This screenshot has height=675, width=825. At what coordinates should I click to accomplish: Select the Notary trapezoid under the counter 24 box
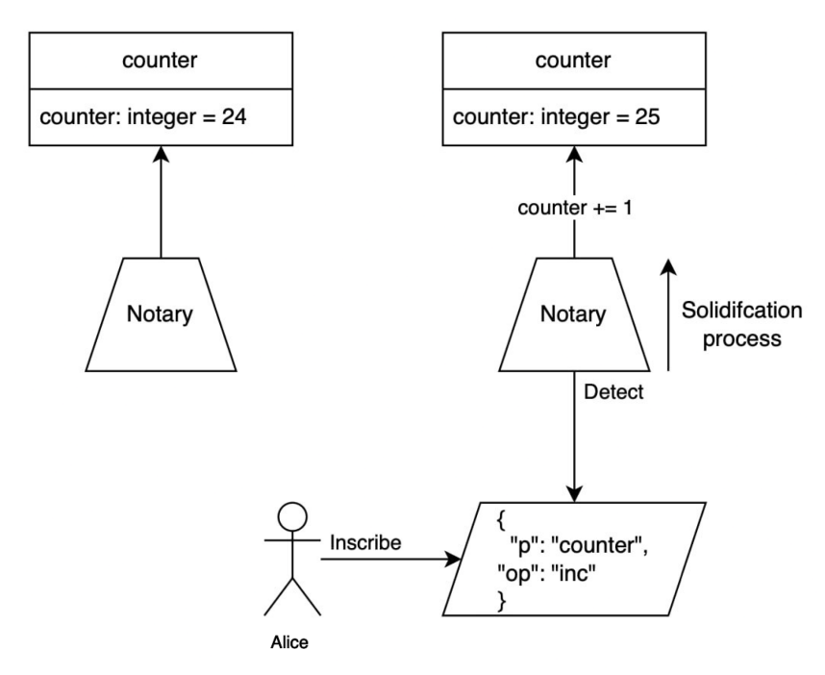click(161, 314)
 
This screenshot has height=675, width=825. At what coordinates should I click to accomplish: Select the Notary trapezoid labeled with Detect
click(574, 314)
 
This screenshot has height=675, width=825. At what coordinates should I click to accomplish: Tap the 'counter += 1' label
click(575, 209)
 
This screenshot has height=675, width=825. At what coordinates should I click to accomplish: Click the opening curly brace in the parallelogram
click(500, 521)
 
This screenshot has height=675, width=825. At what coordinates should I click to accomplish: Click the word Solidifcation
click(740, 312)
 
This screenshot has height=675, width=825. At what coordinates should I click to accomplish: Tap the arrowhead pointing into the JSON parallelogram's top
click(574, 492)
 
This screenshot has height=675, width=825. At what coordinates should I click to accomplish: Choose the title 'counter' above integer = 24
click(160, 63)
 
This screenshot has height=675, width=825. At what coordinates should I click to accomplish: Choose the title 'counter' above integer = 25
click(573, 63)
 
